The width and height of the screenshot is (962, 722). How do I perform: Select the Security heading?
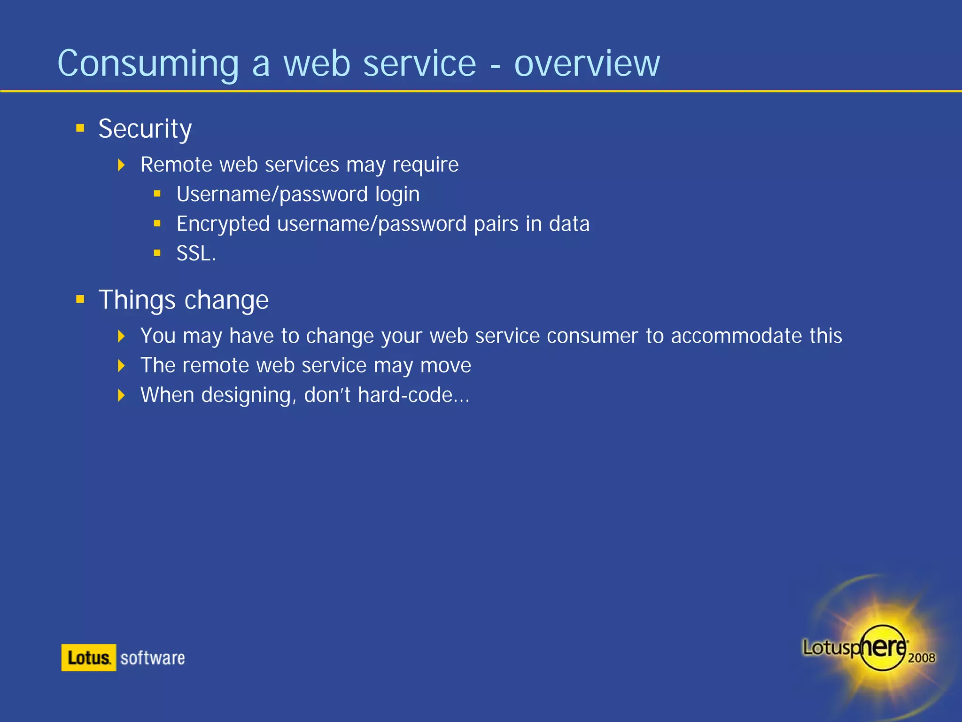tap(145, 129)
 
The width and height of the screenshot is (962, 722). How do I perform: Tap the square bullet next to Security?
tap(80, 128)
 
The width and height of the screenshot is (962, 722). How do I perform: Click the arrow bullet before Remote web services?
tap(121, 165)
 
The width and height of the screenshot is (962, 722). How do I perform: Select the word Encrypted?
tap(223, 224)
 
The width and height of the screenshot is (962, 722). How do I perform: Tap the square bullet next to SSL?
tap(157, 253)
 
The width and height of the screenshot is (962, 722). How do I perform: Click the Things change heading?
tap(184, 300)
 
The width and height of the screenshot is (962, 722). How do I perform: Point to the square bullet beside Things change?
tap(80, 299)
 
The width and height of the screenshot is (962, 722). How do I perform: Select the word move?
tap(445, 366)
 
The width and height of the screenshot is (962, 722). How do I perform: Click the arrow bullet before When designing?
tap(121, 395)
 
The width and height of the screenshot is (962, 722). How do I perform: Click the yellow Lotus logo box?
tap(88, 658)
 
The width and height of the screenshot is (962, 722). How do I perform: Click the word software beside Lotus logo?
tap(153, 658)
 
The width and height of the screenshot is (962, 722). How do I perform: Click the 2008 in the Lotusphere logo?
tap(921, 658)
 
